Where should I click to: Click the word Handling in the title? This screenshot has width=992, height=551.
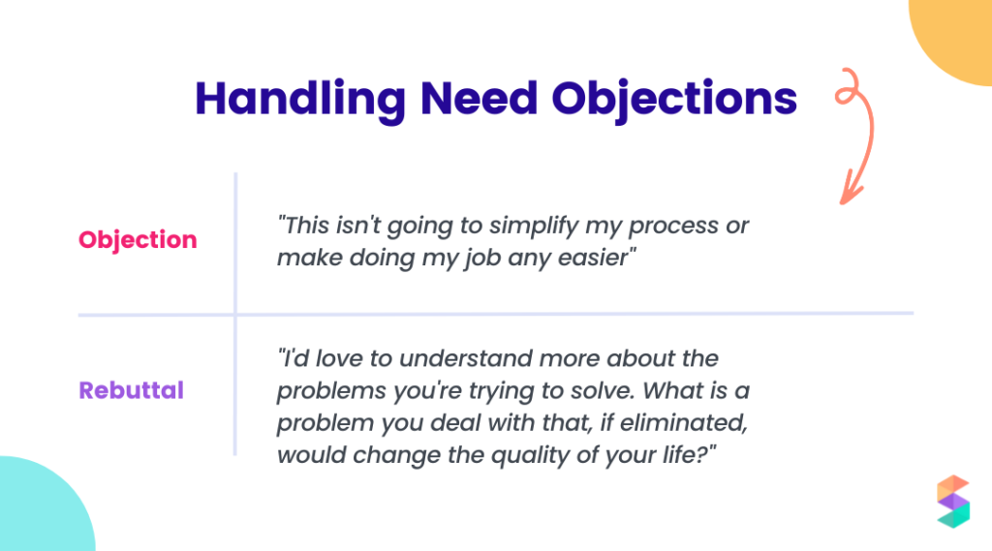click(x=300, y=100)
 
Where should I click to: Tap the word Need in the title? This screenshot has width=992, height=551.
click(x=479, y=99)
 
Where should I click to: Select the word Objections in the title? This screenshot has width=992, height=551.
click(x=674, y=100)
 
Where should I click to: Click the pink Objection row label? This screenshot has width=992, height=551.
click(x=138, y=240)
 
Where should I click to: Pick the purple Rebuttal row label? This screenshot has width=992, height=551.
click(x=131, y=390)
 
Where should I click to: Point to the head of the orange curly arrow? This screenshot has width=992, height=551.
click(x=849, y=192)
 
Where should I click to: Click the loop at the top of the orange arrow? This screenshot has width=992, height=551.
click(x=848, y=87)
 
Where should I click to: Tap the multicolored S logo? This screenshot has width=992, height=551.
click(x=953, y=502)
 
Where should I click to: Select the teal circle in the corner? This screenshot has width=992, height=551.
click(x=45, y=506)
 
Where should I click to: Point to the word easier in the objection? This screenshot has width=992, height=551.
click(x=596, y=258)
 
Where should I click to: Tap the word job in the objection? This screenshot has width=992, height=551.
click(x=479, y=259)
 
